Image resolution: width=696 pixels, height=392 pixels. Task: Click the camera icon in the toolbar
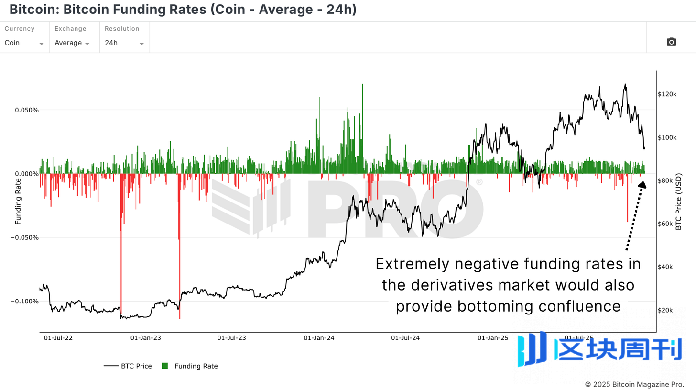click(x=671, y=42)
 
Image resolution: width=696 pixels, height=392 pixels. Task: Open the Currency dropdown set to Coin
click(x=24, y=43)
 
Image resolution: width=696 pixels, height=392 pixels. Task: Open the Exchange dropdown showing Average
click(x=72, y=43)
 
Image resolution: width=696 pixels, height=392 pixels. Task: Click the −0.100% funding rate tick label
click(x=24, y=302)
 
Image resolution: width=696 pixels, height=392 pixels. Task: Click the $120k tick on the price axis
click(x=668, y=94)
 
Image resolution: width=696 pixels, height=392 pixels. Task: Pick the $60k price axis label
click(x=667, y=224)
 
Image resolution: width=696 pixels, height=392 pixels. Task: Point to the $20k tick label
click(x=667, y=310)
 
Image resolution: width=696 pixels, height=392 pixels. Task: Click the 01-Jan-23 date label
click(x=145, y=338)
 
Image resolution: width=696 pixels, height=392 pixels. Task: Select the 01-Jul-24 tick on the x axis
click(x=405, y=338)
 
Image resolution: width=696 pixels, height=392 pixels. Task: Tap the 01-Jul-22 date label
click(x=58, y=338)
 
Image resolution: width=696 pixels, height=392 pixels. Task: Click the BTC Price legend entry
click(x=128, y=366)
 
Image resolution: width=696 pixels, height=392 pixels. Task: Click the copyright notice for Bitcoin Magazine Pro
click(x=634, y=384)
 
